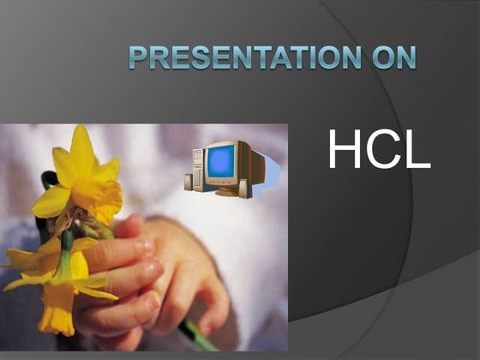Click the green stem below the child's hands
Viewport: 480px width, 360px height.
coord(199,337)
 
